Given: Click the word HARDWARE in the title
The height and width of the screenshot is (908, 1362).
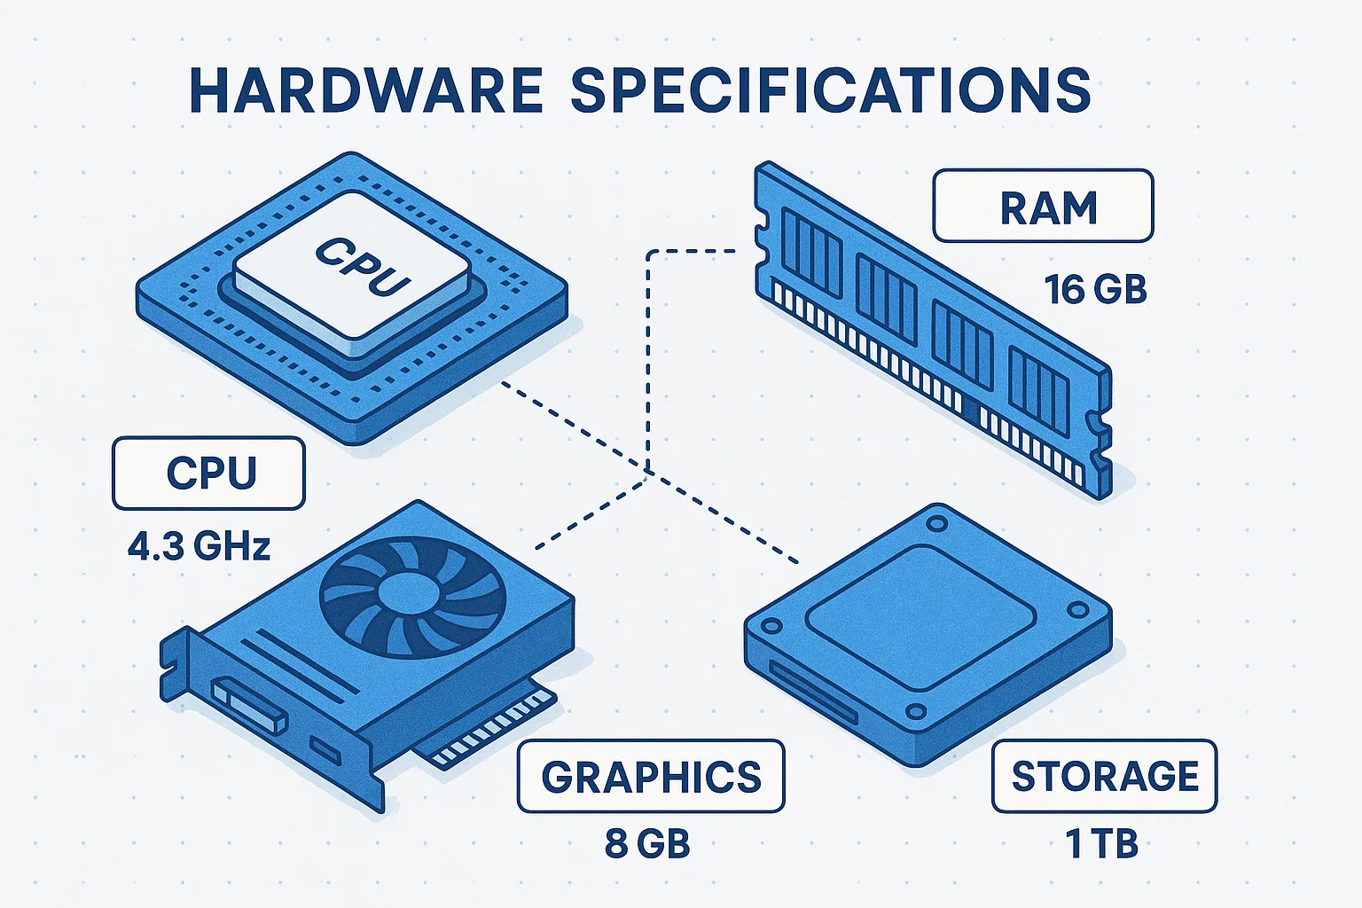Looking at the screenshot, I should [365, 90].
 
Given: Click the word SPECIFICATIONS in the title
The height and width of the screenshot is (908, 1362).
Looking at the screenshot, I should [830, 90].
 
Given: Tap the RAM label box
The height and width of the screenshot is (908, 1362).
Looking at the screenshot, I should [1043, 207].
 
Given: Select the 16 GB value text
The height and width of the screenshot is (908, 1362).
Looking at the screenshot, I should [1096, 290].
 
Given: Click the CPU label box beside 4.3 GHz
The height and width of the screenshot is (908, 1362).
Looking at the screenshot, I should [209, 473].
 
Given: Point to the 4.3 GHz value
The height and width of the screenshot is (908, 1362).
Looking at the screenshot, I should [199, 546].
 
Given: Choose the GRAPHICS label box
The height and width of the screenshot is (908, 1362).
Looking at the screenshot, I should [651, 777].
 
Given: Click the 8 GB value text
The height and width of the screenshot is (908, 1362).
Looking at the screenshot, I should [647, 843].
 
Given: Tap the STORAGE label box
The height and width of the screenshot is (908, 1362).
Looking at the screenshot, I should [1104, 777].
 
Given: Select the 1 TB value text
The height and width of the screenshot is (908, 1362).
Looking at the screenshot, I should [1102, 843].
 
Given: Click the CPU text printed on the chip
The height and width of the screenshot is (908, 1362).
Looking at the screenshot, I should [363, 265].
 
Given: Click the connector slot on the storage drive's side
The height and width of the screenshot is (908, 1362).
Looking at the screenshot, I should [812, 691].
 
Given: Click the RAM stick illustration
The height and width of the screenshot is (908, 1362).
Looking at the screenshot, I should [931, 328].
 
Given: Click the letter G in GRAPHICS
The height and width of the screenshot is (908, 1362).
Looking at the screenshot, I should [559, 777].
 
